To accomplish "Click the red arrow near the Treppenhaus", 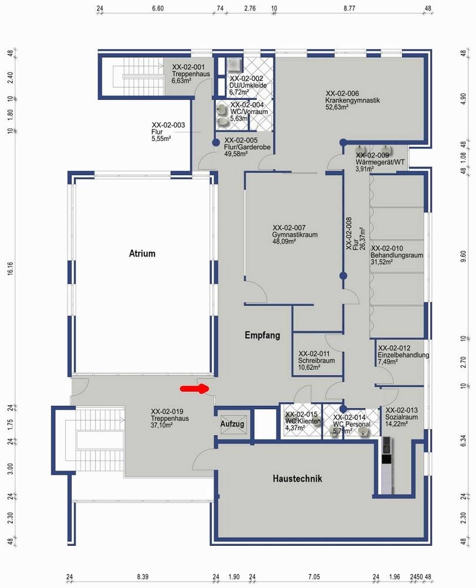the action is (x=194, y=389).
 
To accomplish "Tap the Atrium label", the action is (x=142, y=253).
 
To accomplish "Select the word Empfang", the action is (x=262, y=335).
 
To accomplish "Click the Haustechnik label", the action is (x=297, y=479).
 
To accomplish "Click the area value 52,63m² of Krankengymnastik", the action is (x=337, y=107).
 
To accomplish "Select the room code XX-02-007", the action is (x=289, y=228).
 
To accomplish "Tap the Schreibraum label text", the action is (x=317, y=360).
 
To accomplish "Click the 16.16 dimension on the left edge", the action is (x=10, y=269).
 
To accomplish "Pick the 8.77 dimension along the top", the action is (x=349, y=9).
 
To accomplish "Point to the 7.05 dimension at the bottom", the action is (x=314, y=577).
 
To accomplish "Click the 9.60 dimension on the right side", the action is (x=463, y=256).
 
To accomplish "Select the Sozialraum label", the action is (x=402, y=417).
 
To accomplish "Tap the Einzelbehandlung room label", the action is (x=403, y=355).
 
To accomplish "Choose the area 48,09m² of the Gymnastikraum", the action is (x=284, y=242).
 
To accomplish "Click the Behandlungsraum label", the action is (x=397, y=255).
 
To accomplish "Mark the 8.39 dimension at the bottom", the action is (x=143, y=577).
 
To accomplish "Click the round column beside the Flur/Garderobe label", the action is (x=216, y=143).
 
